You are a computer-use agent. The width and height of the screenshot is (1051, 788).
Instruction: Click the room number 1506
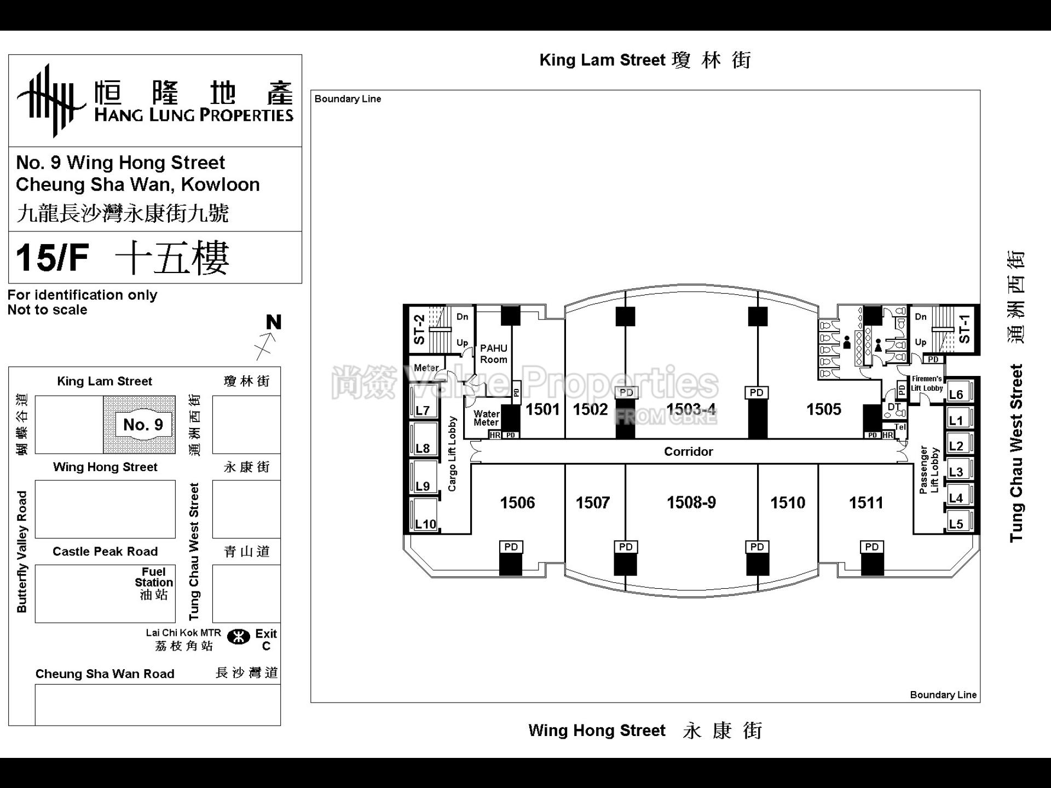[x=517, y=502]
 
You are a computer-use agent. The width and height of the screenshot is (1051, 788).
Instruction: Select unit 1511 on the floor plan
[x=866, y=502]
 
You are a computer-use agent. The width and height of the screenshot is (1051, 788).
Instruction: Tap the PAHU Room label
[x=494, y=354]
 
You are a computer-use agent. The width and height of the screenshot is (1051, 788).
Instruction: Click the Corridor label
[x=688, y=451]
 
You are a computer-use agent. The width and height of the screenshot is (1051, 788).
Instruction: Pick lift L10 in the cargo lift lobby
[x=425, y=524]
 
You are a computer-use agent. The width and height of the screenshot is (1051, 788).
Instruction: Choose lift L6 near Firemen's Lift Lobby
[x=956, y=394]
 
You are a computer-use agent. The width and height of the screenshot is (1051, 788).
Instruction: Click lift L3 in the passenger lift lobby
[x=956, y=472]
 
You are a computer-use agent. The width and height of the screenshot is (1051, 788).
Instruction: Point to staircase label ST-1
[x=965, y=328]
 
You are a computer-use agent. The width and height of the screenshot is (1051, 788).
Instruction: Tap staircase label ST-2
[x=419, y=329]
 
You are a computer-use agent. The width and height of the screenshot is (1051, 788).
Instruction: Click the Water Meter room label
[x=486, y=418]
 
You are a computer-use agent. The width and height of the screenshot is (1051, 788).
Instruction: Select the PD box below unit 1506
[x=511, y=547]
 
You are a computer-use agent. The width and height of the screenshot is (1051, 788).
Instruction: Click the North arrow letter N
[x=274, y=322]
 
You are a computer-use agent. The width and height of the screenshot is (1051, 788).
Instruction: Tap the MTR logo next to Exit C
[x=239, y=637]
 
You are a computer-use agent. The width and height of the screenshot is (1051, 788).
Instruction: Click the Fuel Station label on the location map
[x=154, y=583]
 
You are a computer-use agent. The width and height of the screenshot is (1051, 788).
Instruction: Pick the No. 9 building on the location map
[x=143, y=424]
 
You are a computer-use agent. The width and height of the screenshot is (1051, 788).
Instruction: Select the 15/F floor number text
[x=53, y=258]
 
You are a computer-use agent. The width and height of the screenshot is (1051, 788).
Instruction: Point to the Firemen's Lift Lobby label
[x=926, y=384]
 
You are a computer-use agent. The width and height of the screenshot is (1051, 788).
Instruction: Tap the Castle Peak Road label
[x=105, y=551]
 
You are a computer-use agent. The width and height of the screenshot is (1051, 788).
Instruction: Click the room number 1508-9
[x=691, y=502]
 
